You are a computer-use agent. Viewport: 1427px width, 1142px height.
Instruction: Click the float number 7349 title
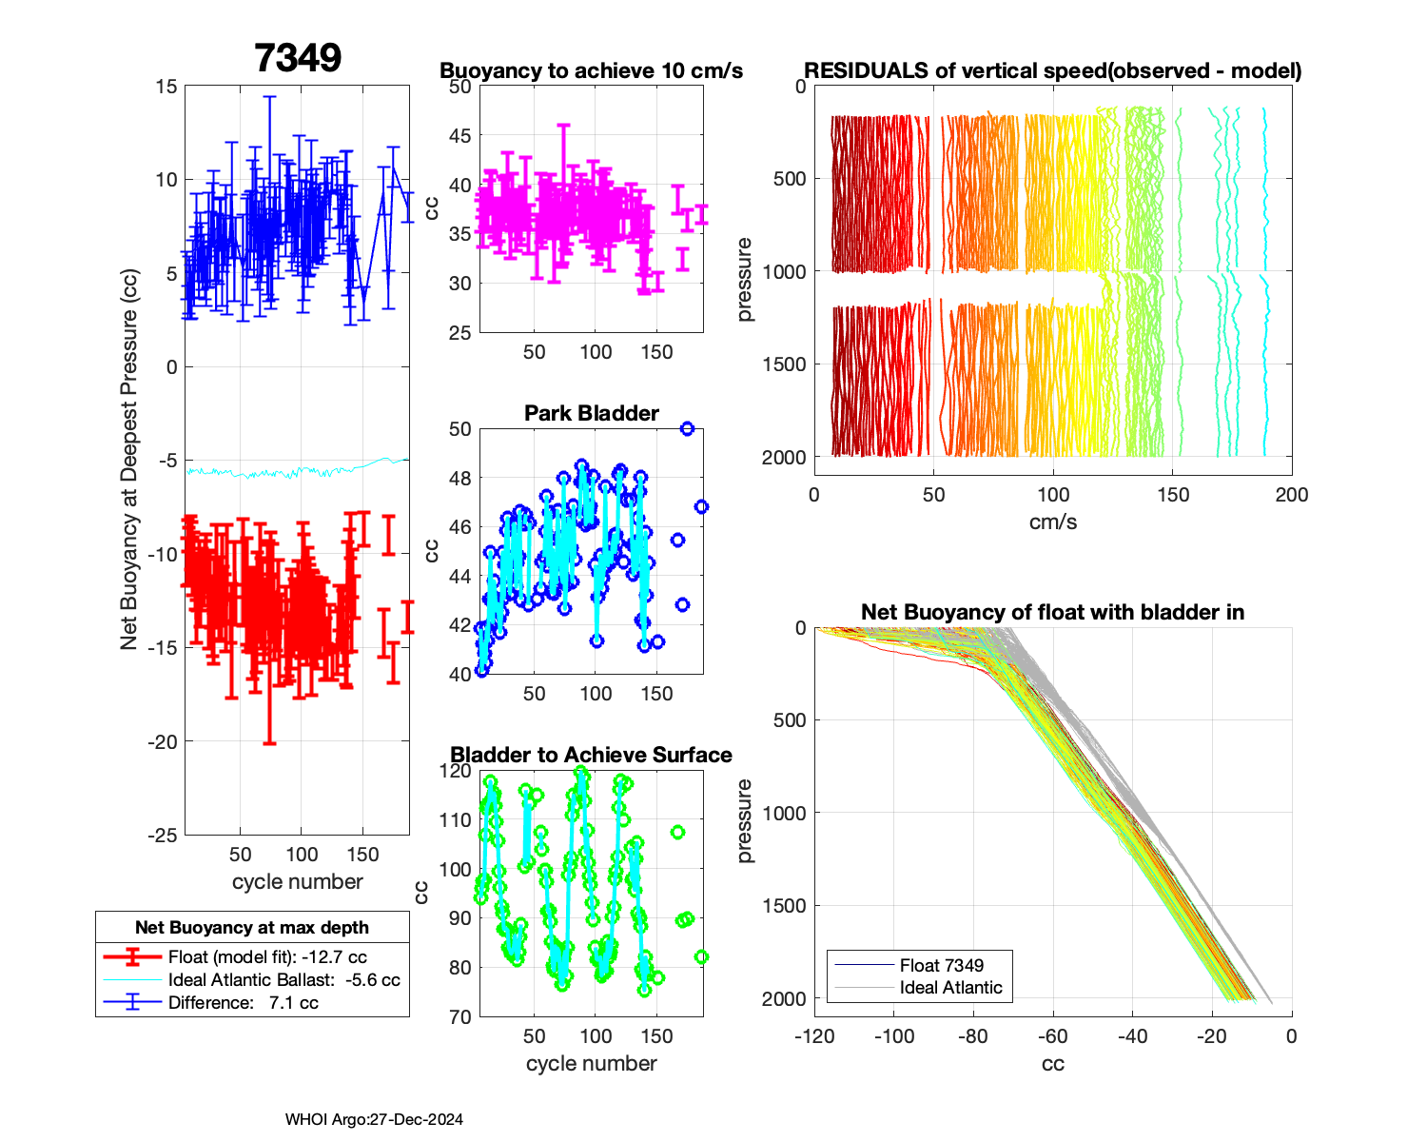(298, 58)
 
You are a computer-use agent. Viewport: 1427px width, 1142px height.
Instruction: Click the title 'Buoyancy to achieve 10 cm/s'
(591, 71)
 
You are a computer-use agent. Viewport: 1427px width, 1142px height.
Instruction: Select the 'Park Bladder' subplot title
(591, 413)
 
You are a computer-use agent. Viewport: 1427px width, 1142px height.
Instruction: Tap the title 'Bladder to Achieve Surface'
(591, 755)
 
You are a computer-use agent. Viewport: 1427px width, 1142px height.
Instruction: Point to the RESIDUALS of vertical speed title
(1052, 71)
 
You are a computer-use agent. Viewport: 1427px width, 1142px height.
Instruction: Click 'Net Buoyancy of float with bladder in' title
(1052, 613)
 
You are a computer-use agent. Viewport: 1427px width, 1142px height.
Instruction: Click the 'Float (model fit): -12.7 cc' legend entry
(266, 957)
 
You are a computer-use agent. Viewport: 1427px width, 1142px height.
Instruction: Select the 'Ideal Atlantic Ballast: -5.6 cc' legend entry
(283, 980)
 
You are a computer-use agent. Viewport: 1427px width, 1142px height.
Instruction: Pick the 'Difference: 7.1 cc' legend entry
(243, 1003)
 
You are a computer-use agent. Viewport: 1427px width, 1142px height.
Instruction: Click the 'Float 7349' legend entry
(941, 965)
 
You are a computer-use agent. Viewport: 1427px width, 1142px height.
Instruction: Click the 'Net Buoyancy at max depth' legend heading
(252, 928)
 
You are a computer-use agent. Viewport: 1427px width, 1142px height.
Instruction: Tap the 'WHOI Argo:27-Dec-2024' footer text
(374, 1120)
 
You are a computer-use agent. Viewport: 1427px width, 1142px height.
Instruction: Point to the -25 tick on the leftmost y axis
(163, 835)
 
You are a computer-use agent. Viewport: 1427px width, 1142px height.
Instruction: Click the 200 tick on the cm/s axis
(1292, 495)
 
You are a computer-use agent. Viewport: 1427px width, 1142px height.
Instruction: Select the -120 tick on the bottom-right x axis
(814, 1036)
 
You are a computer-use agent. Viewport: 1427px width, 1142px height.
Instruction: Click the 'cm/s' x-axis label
(1052, 522)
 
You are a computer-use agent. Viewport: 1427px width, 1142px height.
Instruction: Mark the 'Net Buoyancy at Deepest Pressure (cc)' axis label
(129, 460)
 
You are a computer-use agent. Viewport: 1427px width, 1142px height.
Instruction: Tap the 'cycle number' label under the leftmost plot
(297, 882)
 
